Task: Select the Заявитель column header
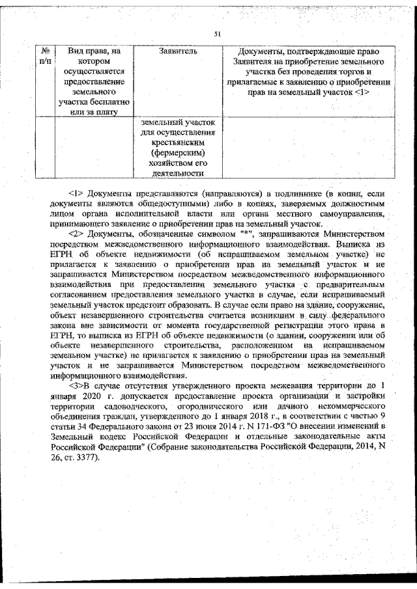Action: click(177, 51)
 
